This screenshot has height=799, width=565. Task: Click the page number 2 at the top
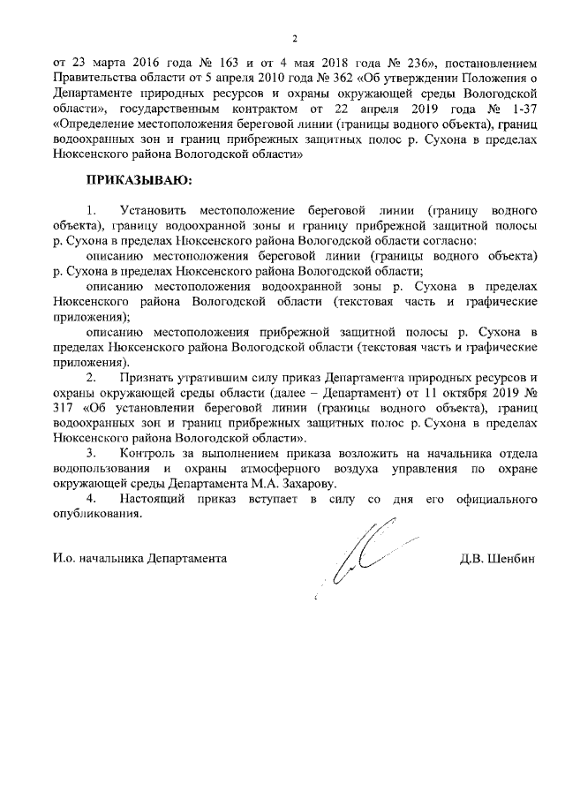tap(296, 38)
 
